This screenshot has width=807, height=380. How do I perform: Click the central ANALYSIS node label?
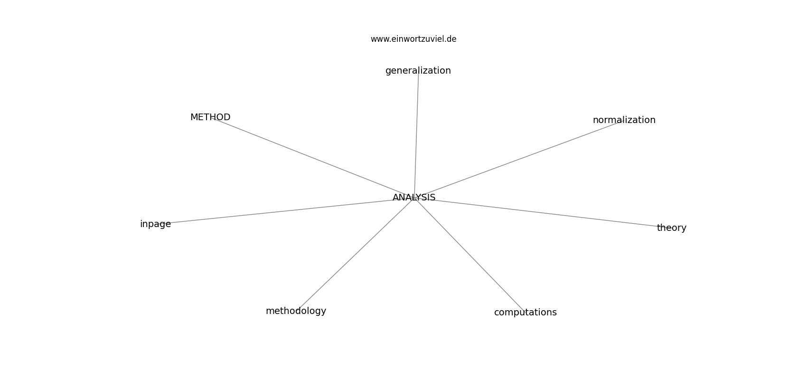[x=414, y=198]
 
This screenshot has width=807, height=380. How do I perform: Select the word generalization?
[x=418, y=71]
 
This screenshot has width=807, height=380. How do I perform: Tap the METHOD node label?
[x=210, y=117]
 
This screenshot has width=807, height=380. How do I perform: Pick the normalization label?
[x=624, y=120]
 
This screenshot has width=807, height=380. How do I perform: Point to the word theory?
[x=672, y=228]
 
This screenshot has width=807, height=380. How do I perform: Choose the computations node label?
[x=525, y=313]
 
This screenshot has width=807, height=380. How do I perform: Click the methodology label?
[x=296, y=311]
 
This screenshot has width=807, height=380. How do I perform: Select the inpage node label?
[x=155, y=224]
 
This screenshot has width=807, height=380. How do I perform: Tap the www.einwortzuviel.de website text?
[x=413, y=39]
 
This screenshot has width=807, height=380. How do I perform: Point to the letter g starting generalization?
[x=388, y=72]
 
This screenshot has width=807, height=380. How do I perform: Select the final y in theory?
[x=684, y=229]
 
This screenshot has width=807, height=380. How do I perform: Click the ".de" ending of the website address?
[x=450, y=39]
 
